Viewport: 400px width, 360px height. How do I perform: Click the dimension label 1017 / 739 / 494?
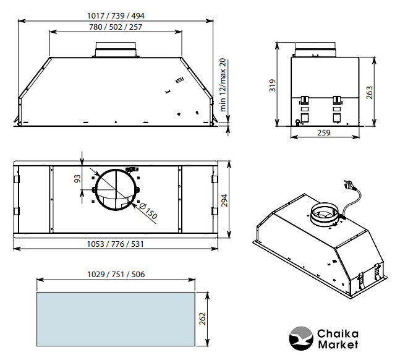point(116,16)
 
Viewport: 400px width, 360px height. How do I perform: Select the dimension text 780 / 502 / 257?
point(116,27)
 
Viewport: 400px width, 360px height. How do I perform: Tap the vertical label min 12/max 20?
point(223,85)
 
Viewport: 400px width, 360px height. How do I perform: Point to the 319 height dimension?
point(273,85)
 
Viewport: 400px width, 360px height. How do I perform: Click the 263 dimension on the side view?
point(369,92)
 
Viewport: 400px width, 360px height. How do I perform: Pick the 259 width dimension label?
point(324,133)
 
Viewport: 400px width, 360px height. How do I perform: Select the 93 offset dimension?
point(77,179)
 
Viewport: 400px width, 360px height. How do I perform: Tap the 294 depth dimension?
point(224,200)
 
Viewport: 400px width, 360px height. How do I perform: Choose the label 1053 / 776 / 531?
point(116,244)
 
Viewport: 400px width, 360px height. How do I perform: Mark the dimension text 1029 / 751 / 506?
point(116,274)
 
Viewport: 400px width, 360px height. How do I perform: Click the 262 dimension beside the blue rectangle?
point(202,319)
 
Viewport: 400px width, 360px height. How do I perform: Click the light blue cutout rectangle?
point(116,319)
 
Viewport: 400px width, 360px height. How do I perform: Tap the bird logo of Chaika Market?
point(301,338)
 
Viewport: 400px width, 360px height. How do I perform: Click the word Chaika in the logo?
point(338,333)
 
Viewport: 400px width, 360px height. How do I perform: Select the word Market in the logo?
point(338,345)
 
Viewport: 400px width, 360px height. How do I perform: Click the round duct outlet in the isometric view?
point(324,214)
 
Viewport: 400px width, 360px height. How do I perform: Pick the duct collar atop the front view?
point(116,49)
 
